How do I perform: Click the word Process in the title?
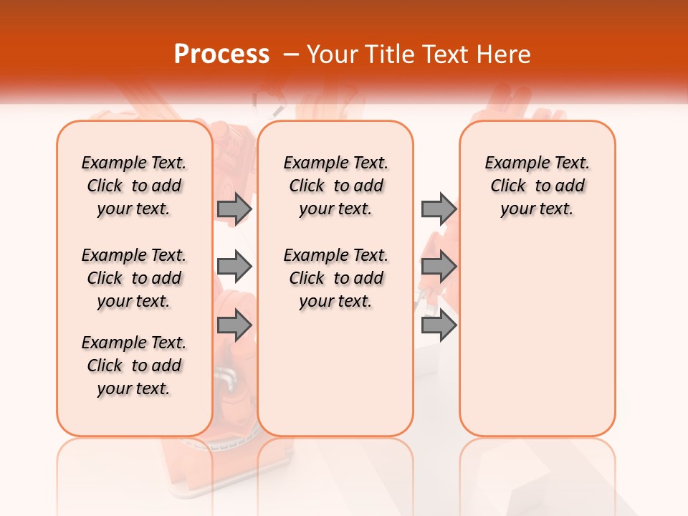pos(221,54)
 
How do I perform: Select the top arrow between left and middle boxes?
pos(234,209)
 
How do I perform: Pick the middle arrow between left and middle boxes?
pos(234,267)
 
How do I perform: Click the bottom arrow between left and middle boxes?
pos(234,325)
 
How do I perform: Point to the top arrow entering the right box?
pos(439,209)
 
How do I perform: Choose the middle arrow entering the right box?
pos(439,267)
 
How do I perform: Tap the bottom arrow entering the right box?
pos(439,325)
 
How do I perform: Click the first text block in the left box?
pos(134,186)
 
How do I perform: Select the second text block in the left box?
pos(134,278)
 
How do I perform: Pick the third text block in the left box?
pos(134,365)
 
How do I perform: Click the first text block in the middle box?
pos(335,186)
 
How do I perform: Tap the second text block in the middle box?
pos(335,278)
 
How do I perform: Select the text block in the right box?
pos(537,186)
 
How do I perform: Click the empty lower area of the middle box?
pos(335,373)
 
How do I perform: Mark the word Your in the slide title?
pos(331,54)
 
